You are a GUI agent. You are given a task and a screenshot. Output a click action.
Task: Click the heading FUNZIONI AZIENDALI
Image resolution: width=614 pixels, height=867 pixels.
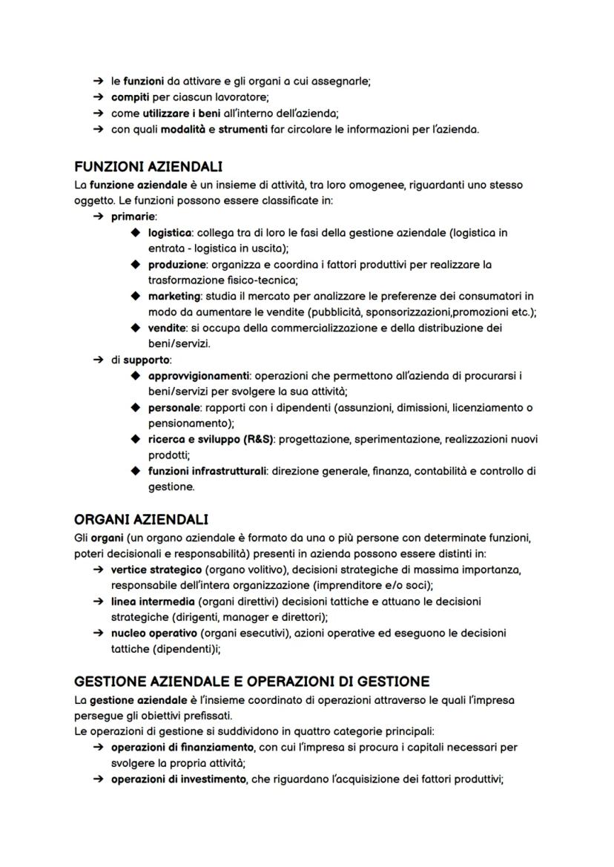coord(148,167)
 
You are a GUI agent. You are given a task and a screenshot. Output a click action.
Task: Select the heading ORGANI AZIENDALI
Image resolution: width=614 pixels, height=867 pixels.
coord(141,518)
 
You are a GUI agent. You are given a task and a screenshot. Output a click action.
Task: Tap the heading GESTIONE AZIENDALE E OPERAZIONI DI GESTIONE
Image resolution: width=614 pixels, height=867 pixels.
coord(251,682)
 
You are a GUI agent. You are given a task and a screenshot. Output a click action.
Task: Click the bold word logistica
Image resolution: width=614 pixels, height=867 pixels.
coord(170,233)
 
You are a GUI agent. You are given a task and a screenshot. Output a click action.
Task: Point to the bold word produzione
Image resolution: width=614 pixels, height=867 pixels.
coord(176,265)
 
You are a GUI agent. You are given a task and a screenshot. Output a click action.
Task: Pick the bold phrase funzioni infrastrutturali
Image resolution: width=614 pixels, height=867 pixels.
coord(207,472)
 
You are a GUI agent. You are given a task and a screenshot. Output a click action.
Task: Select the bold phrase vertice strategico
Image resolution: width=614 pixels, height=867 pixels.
coord(156,570)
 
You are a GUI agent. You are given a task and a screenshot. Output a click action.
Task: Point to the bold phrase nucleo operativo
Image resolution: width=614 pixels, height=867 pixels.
coord(153,633)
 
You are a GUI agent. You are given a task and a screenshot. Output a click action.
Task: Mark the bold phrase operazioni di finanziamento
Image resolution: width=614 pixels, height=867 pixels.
coord(182,747)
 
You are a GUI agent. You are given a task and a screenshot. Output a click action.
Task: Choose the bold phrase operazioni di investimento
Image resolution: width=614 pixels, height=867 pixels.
coord(178,779)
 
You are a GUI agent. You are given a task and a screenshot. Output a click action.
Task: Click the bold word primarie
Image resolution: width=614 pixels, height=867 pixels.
coord(133,217)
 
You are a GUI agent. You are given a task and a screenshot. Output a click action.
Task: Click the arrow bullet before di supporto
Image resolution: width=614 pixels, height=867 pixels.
coord(99,360)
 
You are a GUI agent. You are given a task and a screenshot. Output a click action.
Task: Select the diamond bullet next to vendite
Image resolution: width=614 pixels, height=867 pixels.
coord(135,329)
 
